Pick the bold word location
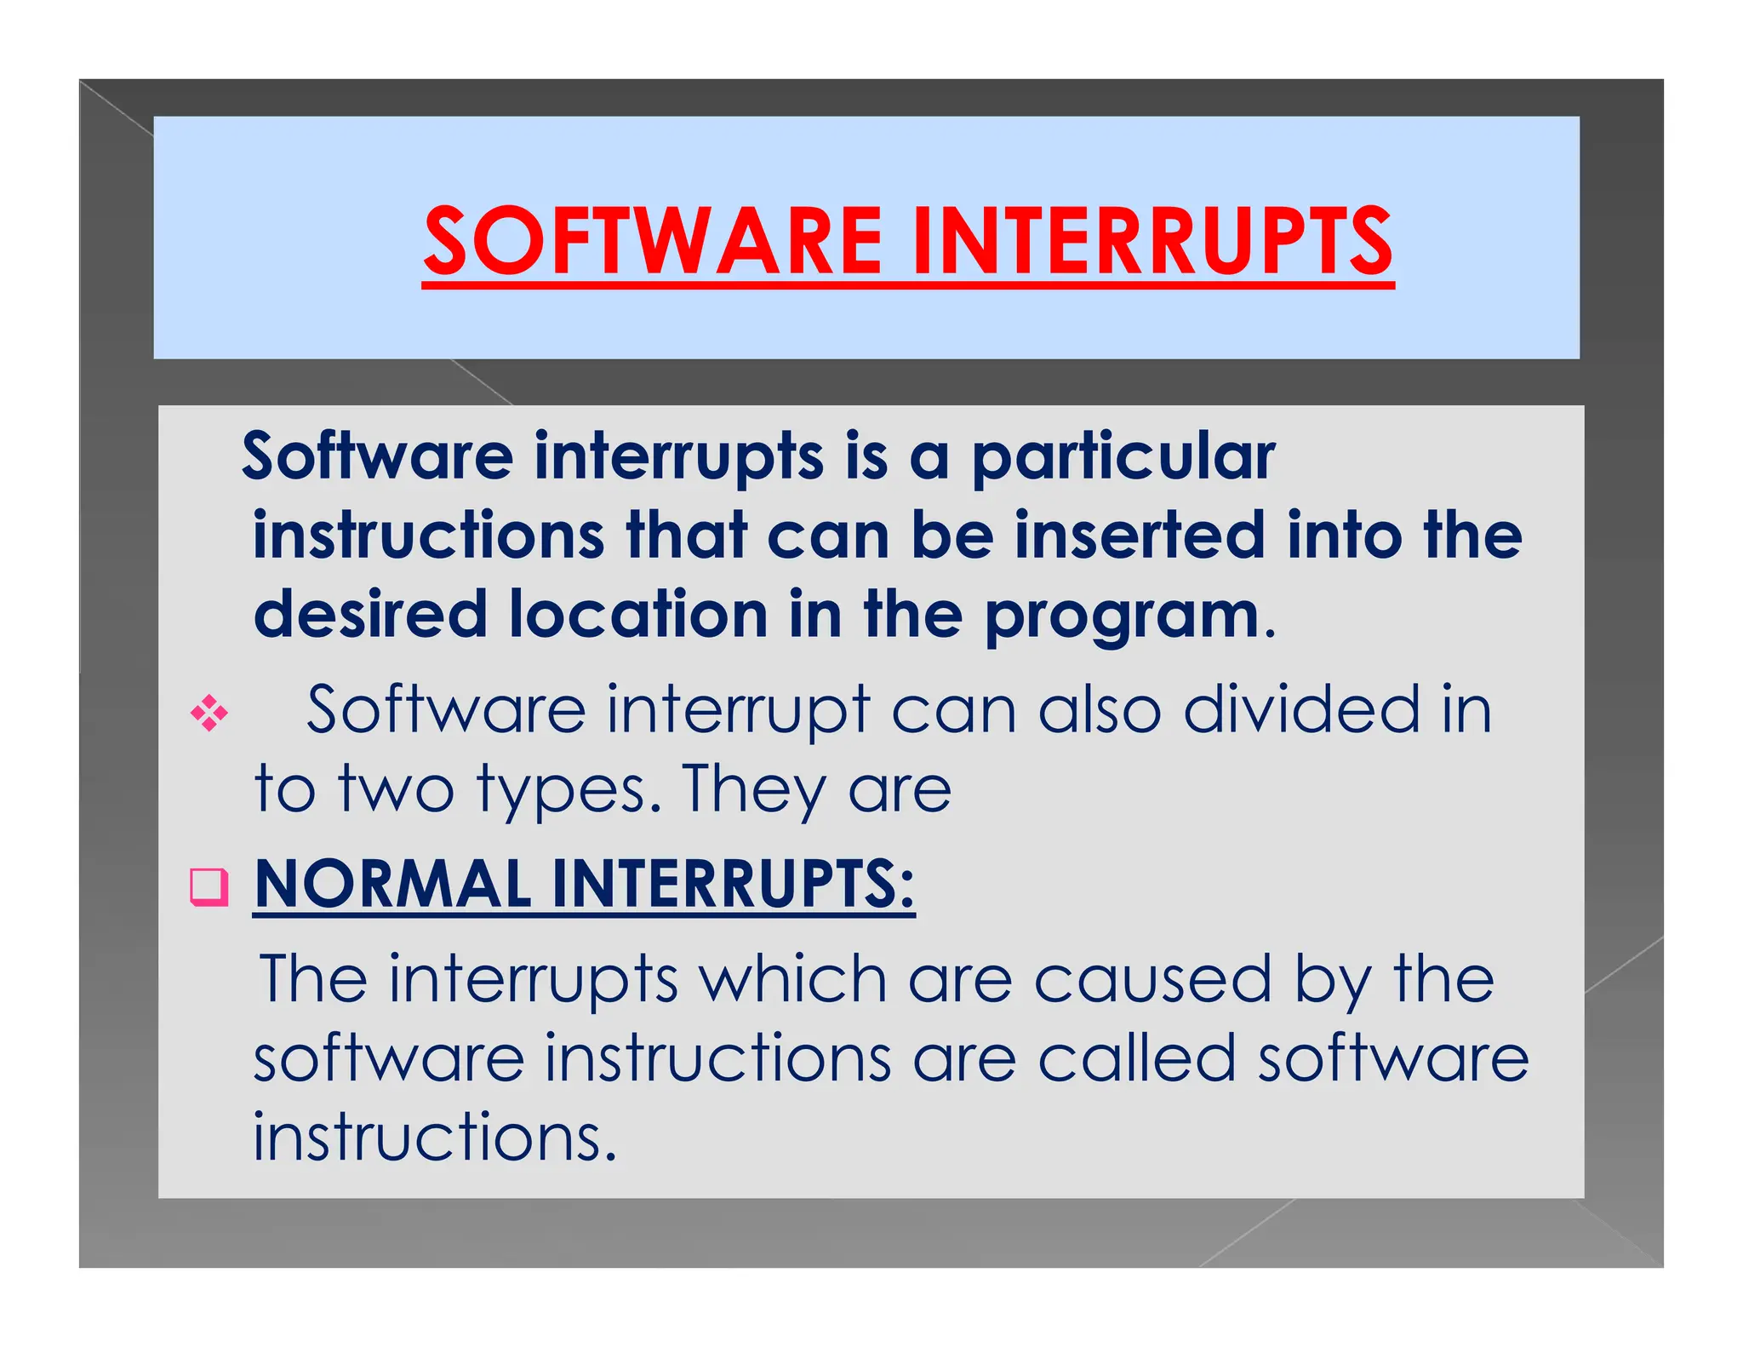(638, 614)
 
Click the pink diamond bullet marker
(209, 713)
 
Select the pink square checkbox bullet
(209, 886)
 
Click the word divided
(1301, 709)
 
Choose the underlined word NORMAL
(393, 885)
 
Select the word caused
(1152, 980)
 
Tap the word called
(1136, 1058)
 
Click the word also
(1099, 709)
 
